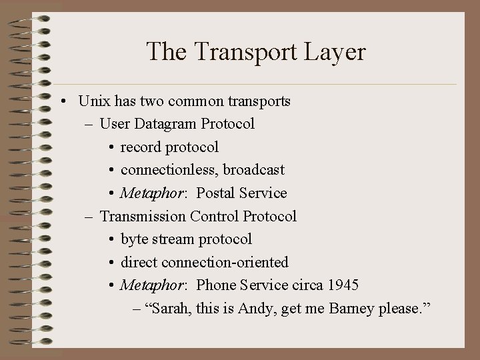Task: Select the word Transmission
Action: [x=143, y=216]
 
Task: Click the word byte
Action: [x=135, y=239]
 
